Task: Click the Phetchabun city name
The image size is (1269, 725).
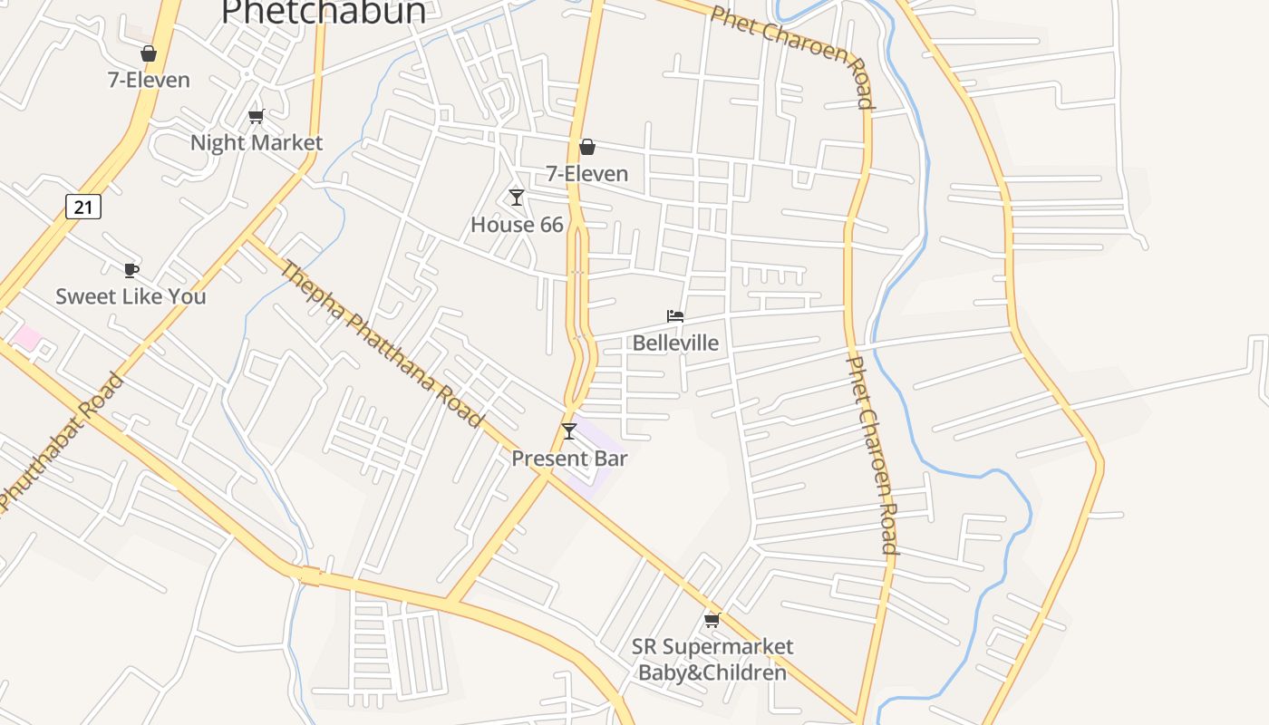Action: coord(324,11)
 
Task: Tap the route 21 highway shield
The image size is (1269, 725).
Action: coord(83,207)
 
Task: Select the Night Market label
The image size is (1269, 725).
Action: coord(257,142)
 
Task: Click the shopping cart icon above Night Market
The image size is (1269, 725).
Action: coord(256,116)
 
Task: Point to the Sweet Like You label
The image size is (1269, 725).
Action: coord(131,296)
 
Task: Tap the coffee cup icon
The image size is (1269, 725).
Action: coord(131,270)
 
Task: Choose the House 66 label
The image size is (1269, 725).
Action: coord(517,225)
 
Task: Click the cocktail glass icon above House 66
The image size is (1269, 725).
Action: coord(517,198)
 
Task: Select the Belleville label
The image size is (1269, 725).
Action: coord(675,343)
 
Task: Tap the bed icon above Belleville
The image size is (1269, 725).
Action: coord(675,316)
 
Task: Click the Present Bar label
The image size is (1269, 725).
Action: coord(569,459)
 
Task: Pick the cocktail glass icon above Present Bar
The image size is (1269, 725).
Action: coord(569,431)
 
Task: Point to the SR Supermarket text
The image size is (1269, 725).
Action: coord(712,646)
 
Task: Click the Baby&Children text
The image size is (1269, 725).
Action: coord(712,672)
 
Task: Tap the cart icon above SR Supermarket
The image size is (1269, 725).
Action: coord(712,620)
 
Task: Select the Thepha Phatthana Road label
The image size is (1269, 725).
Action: coord(381,343)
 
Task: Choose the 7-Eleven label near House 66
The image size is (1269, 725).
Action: coord(586,173)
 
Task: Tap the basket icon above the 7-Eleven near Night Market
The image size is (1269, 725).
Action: coord(149,54)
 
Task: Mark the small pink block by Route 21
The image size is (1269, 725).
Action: coord(26,338)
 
